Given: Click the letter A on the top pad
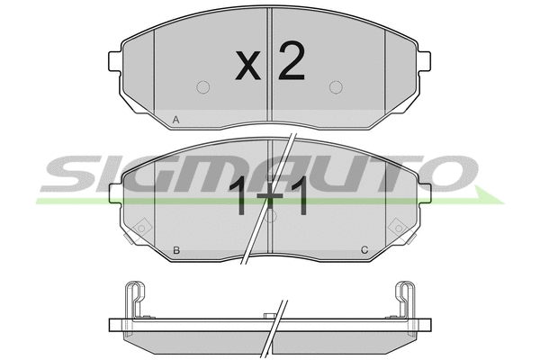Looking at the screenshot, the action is [176, 120].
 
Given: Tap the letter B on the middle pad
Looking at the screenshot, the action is [176, 250].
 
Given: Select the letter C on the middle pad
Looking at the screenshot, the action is [364, 250].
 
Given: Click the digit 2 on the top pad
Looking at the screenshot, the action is [292, 60].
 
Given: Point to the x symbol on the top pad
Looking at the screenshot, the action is [248, 66].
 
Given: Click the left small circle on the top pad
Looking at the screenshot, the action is [203, 87].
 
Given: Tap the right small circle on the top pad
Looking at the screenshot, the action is [336, 87].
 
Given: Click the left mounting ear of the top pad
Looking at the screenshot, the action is [115, 61].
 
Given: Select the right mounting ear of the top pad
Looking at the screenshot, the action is [424, 61].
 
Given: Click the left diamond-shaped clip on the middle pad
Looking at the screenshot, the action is [141, 228].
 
